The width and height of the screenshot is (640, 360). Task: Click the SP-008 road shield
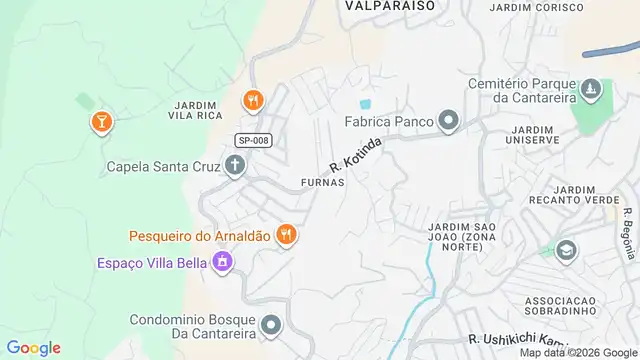point(254,141)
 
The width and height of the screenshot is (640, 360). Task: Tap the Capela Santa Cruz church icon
point(235,166)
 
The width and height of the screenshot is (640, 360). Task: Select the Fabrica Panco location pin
point(449,122)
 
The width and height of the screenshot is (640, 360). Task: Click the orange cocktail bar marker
point(101,122)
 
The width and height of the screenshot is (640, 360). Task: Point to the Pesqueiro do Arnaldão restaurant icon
point(286,235)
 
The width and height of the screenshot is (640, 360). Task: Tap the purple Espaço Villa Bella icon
point(222,263)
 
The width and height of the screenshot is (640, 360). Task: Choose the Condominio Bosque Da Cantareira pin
point(271,325)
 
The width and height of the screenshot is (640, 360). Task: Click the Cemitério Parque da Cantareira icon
point(591,90)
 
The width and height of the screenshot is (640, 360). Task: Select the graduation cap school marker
point(566,251)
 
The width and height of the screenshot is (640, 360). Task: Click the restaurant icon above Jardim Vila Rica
point(252,100)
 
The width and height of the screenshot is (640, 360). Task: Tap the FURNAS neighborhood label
point(322,183)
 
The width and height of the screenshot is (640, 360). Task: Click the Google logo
point(33,348)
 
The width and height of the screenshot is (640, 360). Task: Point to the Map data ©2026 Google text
point(576,352)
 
